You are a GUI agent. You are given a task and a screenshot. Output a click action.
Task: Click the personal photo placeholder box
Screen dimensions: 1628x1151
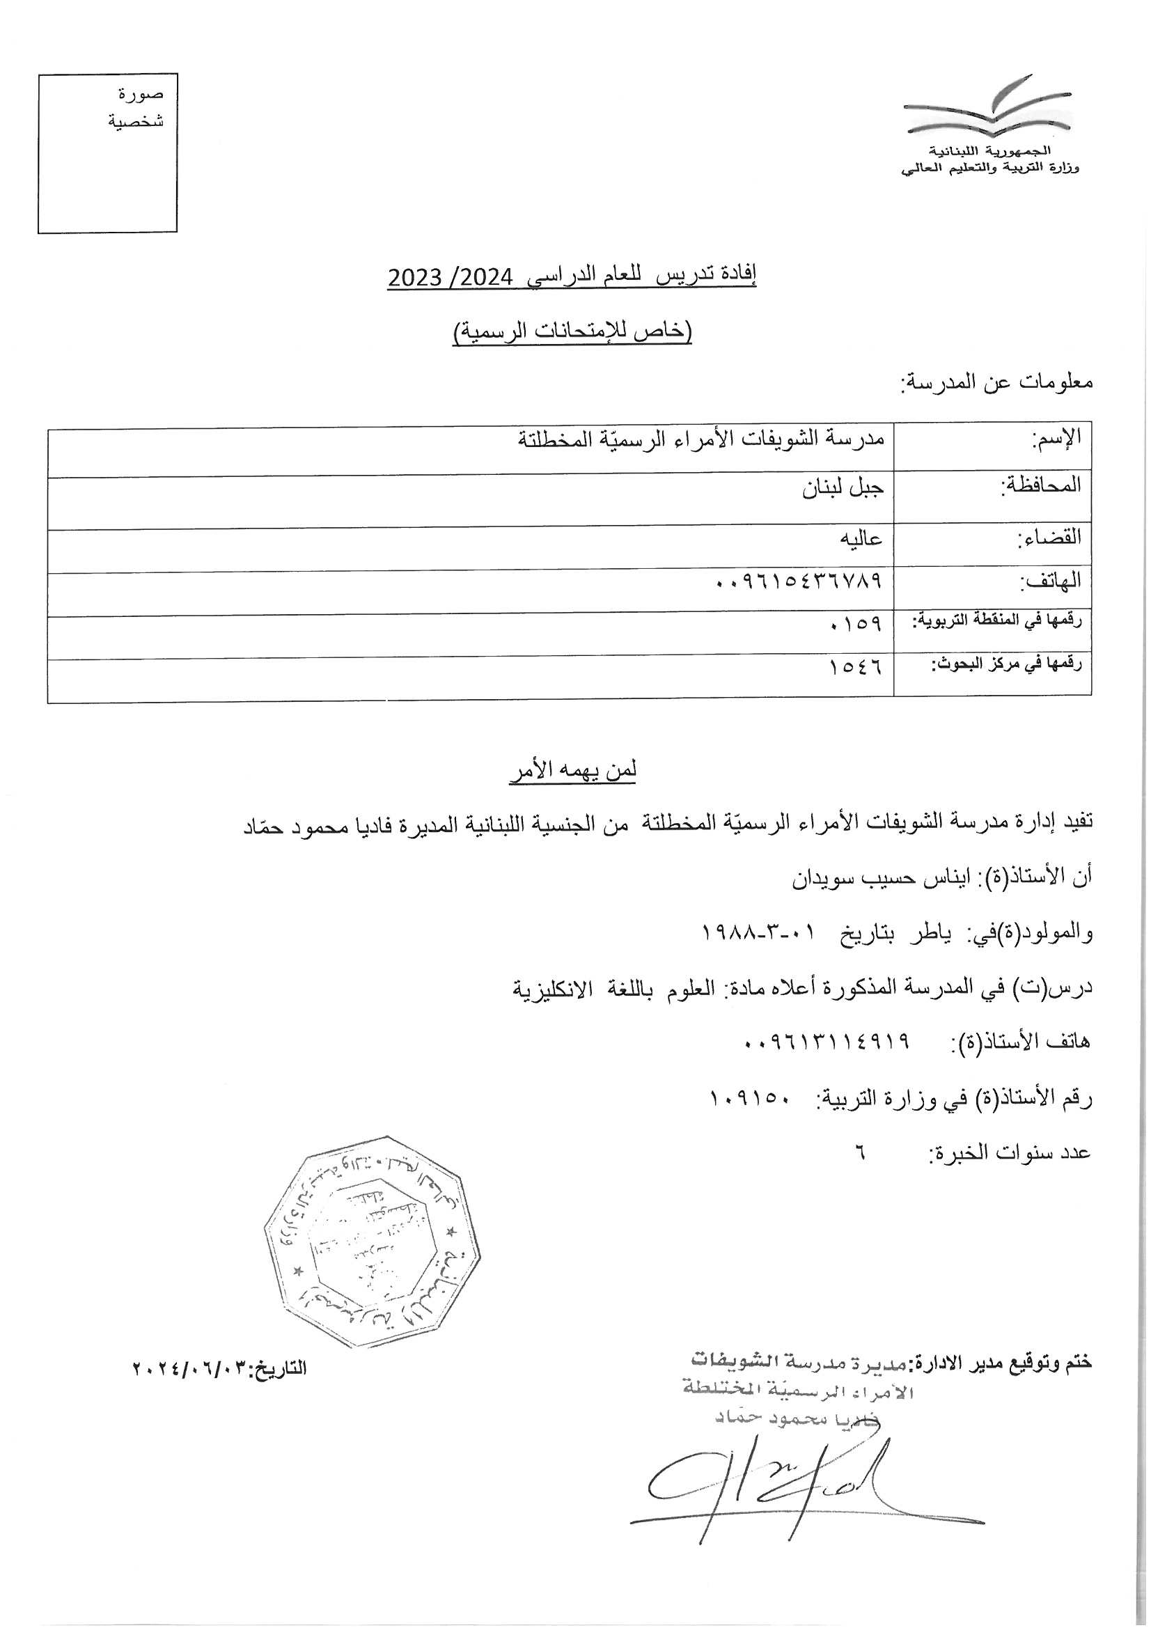107,154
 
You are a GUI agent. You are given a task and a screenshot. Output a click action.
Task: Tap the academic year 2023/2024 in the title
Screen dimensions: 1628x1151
450,277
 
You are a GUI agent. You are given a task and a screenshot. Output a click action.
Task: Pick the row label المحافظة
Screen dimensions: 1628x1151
1040,486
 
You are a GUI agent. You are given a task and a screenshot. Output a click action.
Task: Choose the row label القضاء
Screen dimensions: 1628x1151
1050,537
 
